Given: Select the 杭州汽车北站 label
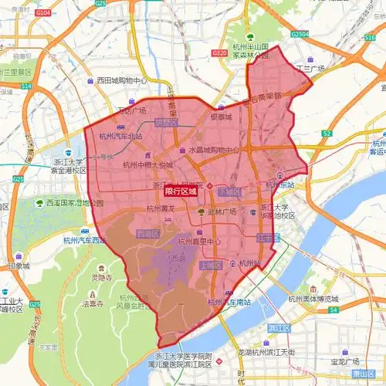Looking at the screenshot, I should pyautogui.click(x=122, y=137).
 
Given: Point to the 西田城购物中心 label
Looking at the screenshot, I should pyautogui.click(x=121, y=80).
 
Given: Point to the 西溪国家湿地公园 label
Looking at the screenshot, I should pyautogui.click(x=73, y=203).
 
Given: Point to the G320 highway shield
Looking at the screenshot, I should pyautogui.click(x=219, y=53).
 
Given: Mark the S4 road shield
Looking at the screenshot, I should pyautogui.click(x=333, y=310).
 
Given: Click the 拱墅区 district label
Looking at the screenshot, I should pyautogui.click(x=166, y=123).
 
